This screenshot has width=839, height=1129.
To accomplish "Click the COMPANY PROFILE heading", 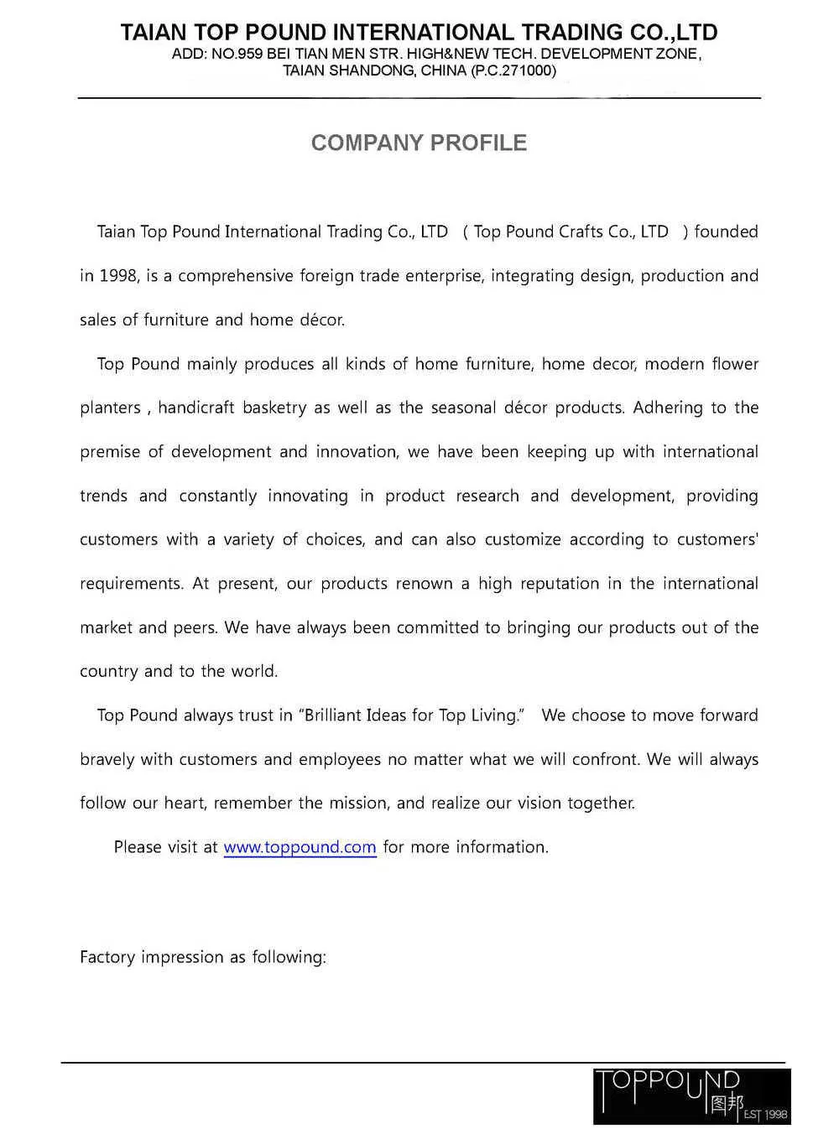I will tap(419, 143).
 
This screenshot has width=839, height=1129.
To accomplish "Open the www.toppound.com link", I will tap(300, 847).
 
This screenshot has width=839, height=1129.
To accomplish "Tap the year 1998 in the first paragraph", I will tap(117, 276).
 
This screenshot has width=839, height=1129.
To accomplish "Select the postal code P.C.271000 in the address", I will tap(513, 70).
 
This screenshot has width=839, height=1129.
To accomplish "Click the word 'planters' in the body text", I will tap(110, 408).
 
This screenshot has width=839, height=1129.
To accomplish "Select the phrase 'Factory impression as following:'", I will tap(202, 957).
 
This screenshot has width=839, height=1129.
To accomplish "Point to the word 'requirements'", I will tap(130, 584).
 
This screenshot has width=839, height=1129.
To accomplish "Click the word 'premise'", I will tap(109, 452).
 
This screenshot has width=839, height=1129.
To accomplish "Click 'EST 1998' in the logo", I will tap(765, 1115).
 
